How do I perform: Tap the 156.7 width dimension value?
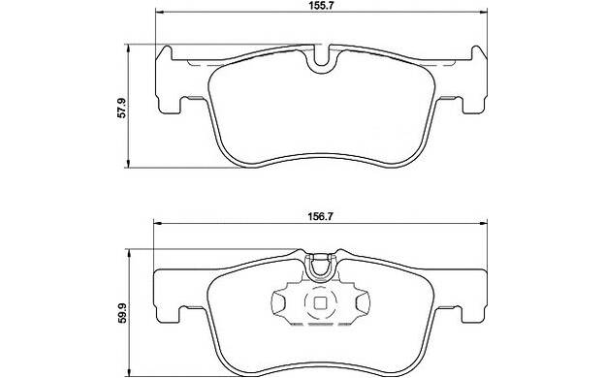coord(320,216)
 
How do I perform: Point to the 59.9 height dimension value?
coord(121,312)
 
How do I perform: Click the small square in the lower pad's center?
coord(320,304)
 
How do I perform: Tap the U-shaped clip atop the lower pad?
coord(320,267)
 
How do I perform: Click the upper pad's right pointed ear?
coord(479,53)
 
